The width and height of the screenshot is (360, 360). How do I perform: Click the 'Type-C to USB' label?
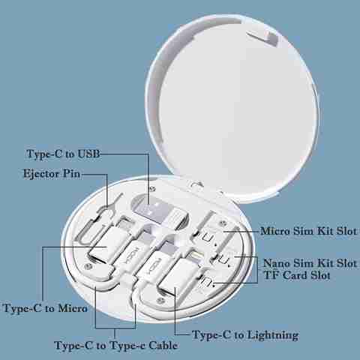coord(63,154)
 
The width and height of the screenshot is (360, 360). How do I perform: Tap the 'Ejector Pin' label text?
coord(52,173)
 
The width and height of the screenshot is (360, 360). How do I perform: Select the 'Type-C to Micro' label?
coord(45,308)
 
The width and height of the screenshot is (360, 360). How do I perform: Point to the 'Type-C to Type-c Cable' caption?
coord(116,346)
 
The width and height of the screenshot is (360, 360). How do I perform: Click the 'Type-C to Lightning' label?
coord(245,335)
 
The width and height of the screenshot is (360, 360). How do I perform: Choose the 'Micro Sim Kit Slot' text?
coord(308,231)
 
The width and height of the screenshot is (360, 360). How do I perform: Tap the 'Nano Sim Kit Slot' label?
coord(310,263)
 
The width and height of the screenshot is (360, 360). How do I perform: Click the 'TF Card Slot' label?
coord(297,275)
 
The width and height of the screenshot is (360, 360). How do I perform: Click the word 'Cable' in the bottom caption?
coord(163,345)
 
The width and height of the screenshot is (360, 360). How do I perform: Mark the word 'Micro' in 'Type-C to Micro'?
coord(73,308)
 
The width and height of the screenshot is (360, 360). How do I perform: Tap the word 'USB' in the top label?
coord(88,154)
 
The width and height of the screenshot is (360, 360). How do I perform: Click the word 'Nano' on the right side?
coord(277,263)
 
